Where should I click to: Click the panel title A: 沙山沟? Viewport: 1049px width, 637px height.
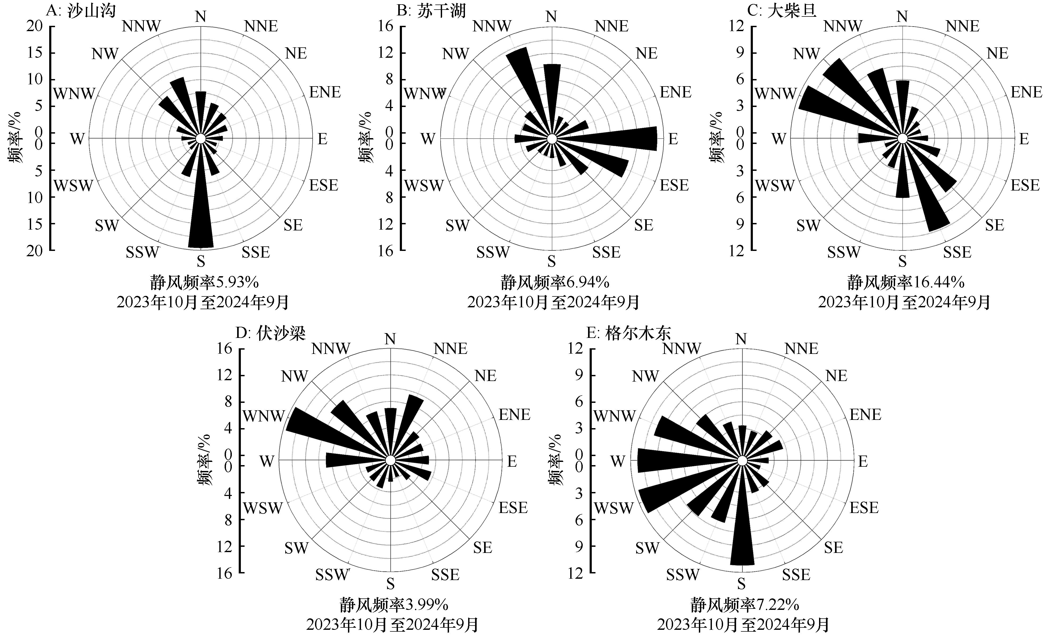[x=81, y=10]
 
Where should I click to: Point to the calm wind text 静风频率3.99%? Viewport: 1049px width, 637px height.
[x=394, y=605]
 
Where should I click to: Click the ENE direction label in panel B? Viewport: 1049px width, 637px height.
[x=676, y=92]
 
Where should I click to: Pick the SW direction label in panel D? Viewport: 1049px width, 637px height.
[x=296, y=548]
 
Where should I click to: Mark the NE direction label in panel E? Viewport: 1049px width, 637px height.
[x=837, y=376]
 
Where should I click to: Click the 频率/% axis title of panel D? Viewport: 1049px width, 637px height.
[x=205, y=460]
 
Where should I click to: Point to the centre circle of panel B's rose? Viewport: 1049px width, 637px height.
[x=552, y=139]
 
